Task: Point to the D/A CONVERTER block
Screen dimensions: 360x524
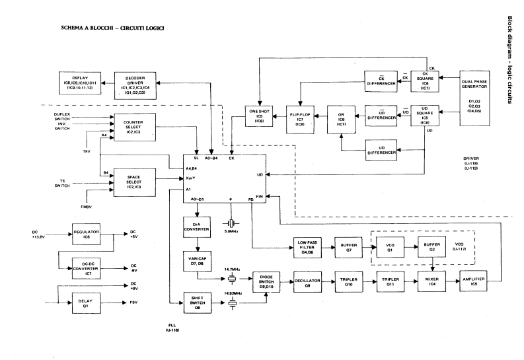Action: point(197,229)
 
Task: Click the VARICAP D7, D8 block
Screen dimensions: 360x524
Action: point(197,262)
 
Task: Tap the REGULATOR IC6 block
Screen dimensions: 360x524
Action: point(86,234)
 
